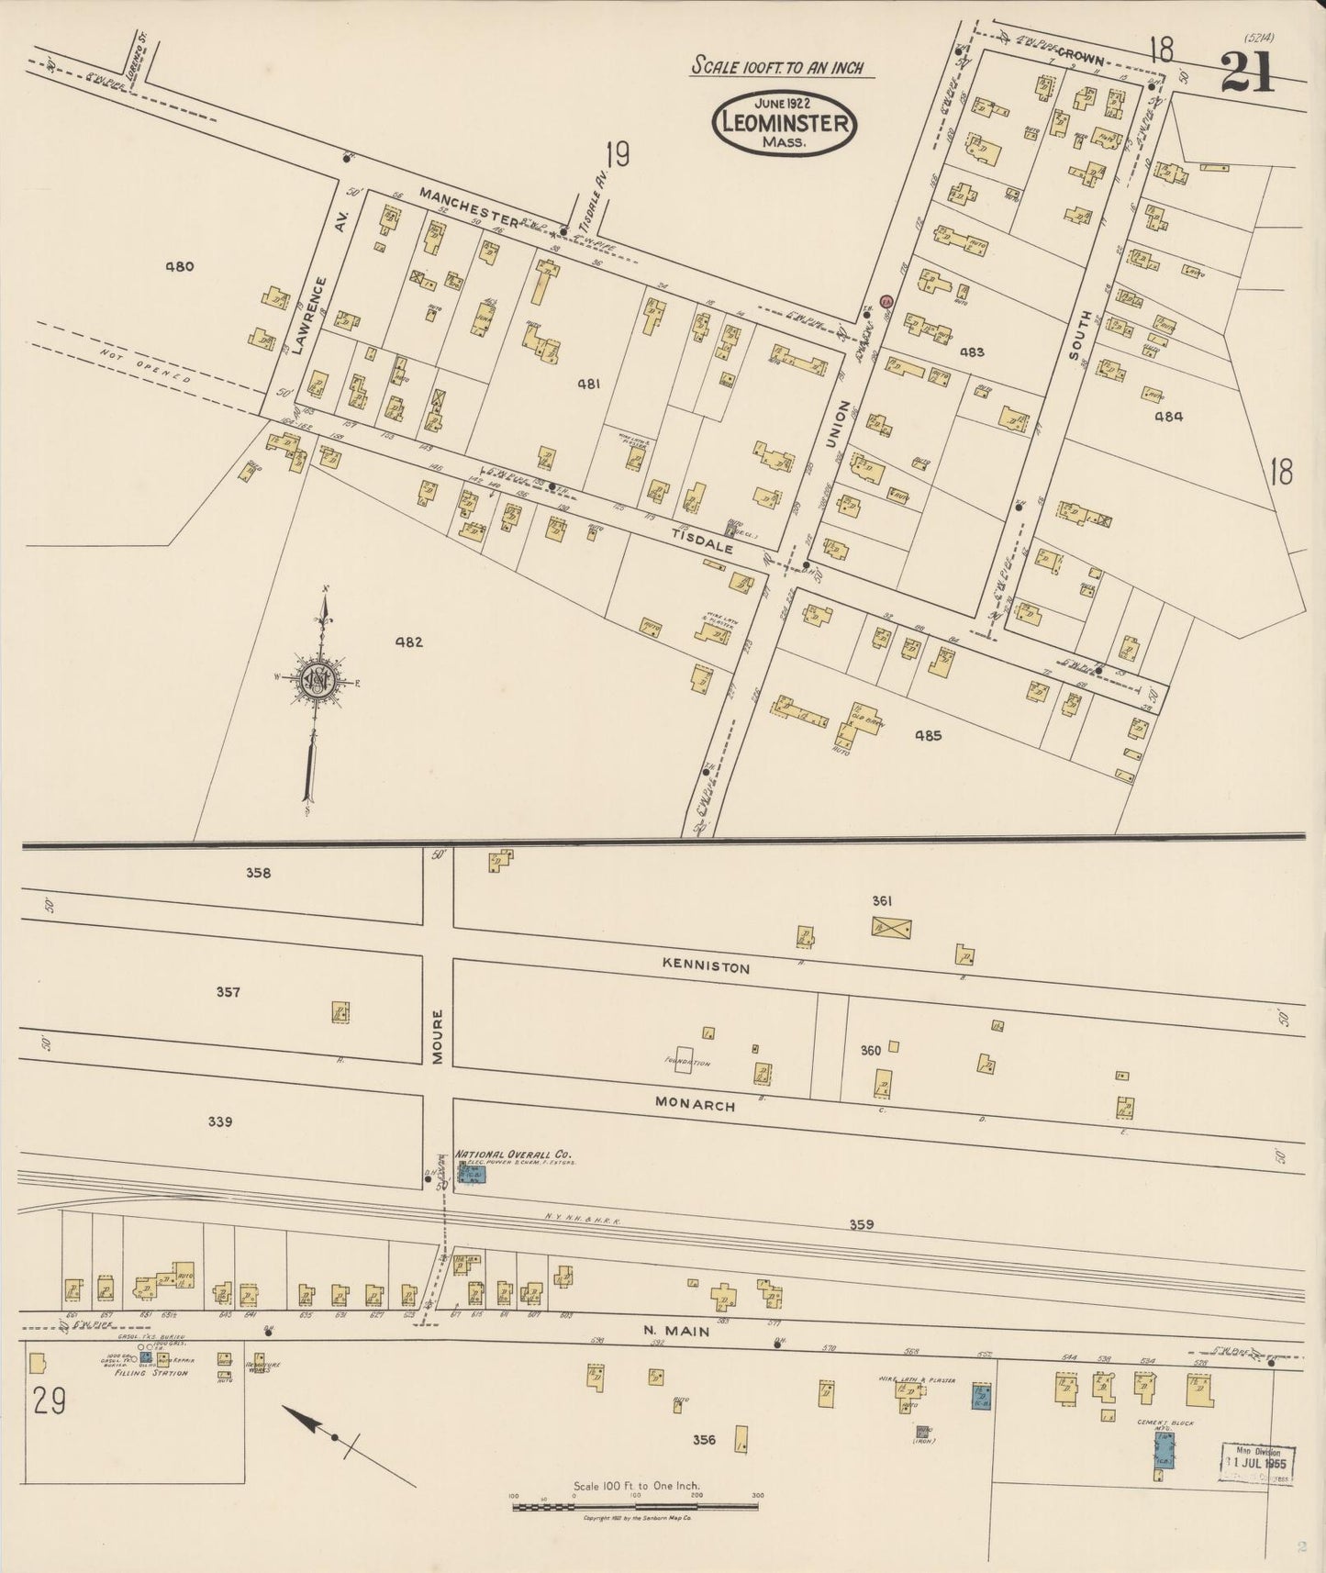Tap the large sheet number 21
1247,73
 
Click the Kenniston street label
706,967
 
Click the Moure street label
438,1037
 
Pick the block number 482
408,642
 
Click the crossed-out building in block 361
890,927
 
